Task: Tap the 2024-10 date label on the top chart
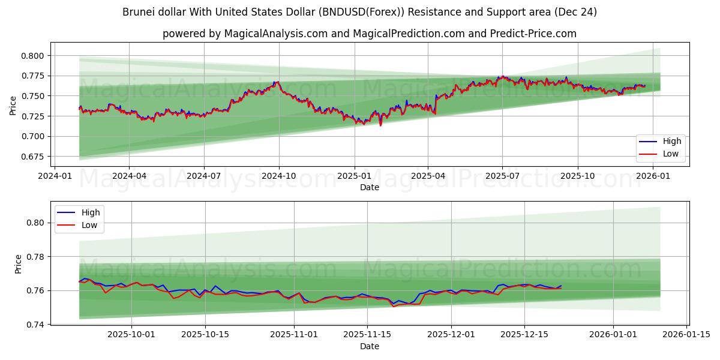(x=278, y=176)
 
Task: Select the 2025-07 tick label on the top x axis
(x=502, y=176)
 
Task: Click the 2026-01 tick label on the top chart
(x=652, y=176)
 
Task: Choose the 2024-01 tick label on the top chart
(x=55, y=176)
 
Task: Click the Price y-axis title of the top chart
(x=13, y=106)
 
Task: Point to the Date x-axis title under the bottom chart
(x=369, y=346)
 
